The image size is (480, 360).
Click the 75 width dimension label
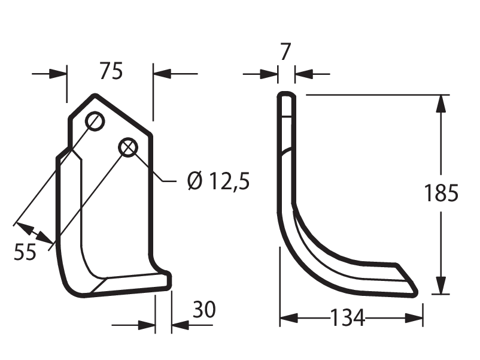click(111, 71)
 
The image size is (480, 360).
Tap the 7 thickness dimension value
click(285, 52)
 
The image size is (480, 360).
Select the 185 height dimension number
click(441, 193)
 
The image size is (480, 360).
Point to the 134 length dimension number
click(348, 317)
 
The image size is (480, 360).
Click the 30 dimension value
click(204, 310)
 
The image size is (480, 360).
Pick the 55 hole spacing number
click(25, 252)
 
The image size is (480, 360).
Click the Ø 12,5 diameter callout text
click(218, 181)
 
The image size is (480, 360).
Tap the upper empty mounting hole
click(95, 122)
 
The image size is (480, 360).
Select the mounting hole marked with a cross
click(128, 147)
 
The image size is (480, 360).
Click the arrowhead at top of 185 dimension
click(441, 103)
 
